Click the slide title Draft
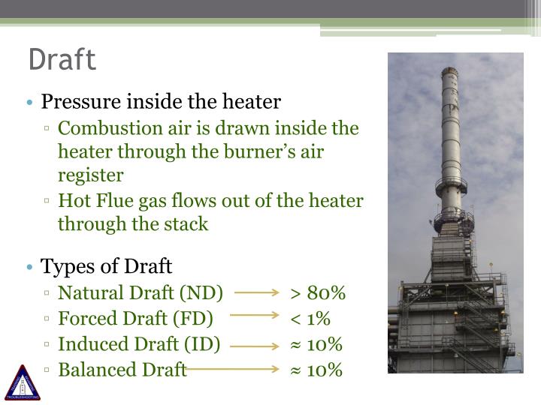[62, 60]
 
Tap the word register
[90, 175]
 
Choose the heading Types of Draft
[107, 266]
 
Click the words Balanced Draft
[122, 370]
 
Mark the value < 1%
[310, 319]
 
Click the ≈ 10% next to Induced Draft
[316, 344]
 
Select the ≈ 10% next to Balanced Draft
[316, 370]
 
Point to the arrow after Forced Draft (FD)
[255, 316]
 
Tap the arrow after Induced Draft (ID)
[255, 346]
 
